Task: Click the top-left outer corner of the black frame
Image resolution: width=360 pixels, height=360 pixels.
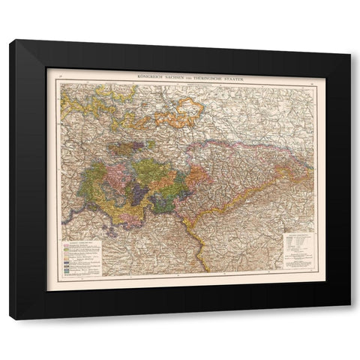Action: tap(10, 40)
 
